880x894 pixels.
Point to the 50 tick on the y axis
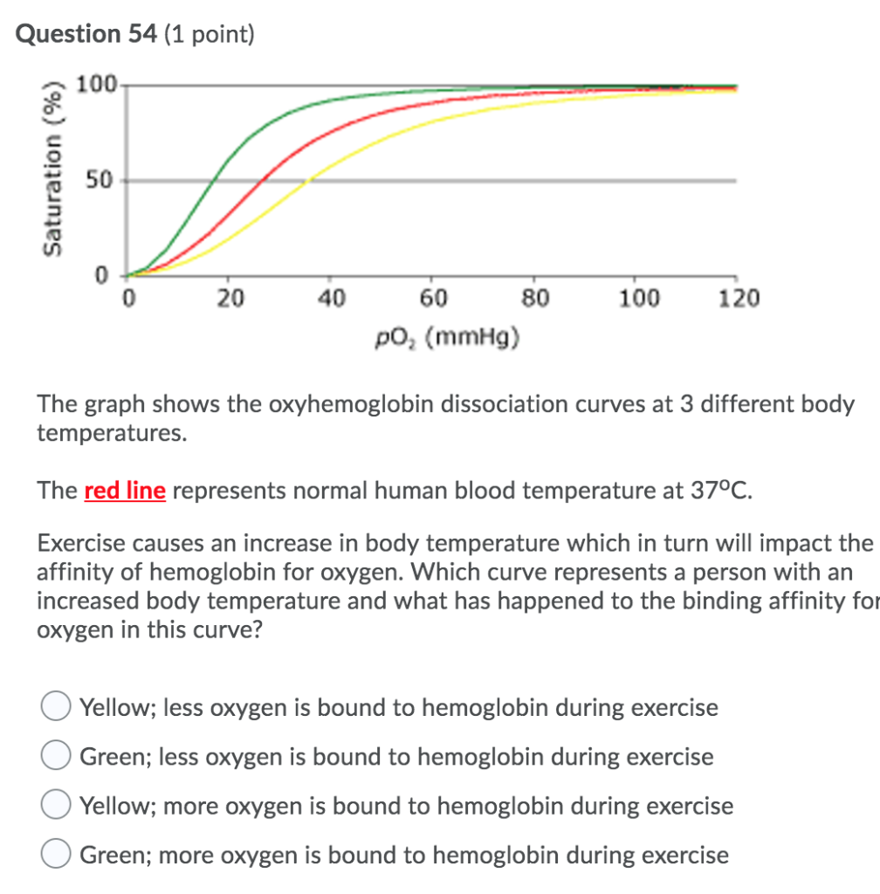pyautogui.click(x=100, y=182)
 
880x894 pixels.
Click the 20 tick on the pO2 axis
pyautogui.click(x=230, y=299)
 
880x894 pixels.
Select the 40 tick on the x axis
pyautogui.click(x=332, y=299)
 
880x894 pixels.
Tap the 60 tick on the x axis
pyautogui.click(x=434, y=299)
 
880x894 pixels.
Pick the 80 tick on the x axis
pyautogui.click(x=536, y=299)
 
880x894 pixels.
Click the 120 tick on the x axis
pyautogui.click(x=739, y=299)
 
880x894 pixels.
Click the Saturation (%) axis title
pyautogui.click(x=56, y=171)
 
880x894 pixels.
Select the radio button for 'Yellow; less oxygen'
pyautogui.click(x=57, y=706)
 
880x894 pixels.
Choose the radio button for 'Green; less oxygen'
pyautogui.click(x=57, y=756)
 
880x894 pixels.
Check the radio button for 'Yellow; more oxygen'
pyautogui.click(x=57, y=805)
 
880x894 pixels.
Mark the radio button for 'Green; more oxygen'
pyautogui.click(x=57, y=854)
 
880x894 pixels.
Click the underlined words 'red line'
pyautogui.click(x=125, y=491)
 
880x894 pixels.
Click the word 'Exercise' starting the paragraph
pyautogui.click(x=81, y=544)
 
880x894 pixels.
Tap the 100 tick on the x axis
pyautogui.click(x=639, y=299)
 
